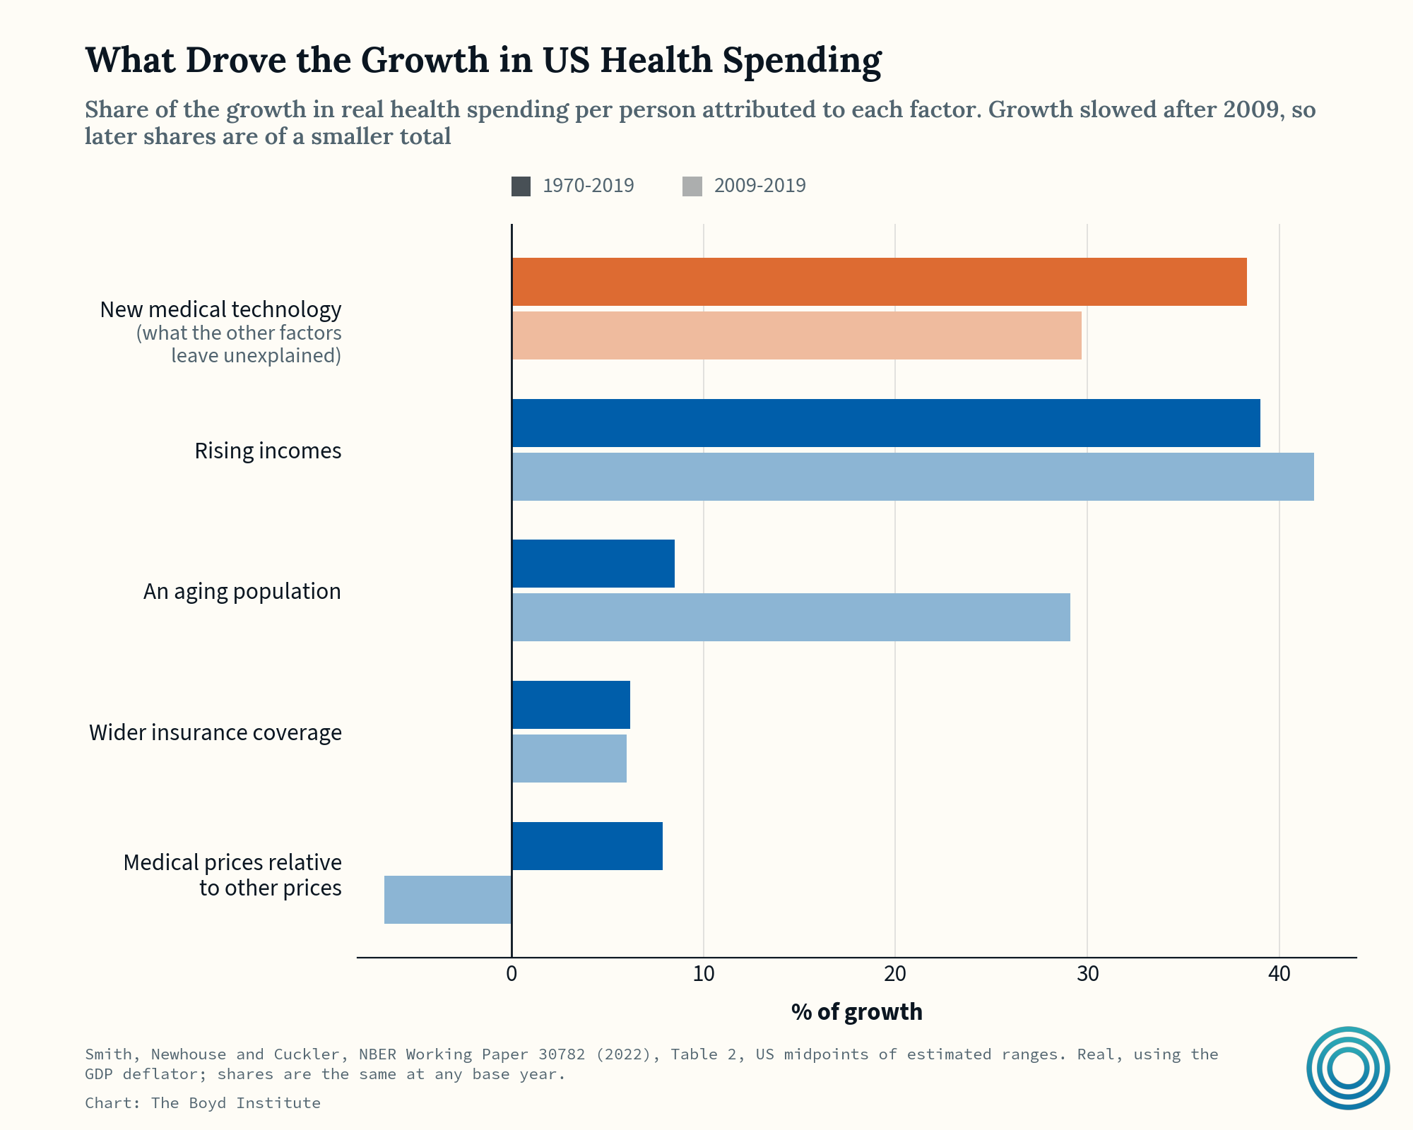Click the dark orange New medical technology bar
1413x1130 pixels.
click(879, 282)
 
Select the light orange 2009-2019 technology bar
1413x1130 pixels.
click(796, 335)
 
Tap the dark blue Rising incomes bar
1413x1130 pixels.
click(886, 423)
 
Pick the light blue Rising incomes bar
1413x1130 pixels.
click(913, 477)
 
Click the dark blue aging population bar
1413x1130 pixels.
click(593, 564)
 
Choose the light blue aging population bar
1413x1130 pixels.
click(791, 617)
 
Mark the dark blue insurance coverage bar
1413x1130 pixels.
click(571, 705)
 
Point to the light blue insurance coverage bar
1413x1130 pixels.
click(569, 759)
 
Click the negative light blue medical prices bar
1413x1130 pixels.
click(448, 900)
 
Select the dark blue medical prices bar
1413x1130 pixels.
click(587, 846)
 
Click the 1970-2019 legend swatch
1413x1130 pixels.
click(521, 186)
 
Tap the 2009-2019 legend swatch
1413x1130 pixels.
click(692, 186)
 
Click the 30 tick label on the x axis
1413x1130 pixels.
click(1087, 975)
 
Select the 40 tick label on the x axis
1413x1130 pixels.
click(1279, 975)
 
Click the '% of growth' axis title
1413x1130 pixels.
click(857, 1012)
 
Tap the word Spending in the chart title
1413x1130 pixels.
click(802, 61)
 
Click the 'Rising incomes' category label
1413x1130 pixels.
click(268, 451)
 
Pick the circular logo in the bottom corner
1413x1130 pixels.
click(1348, 1068)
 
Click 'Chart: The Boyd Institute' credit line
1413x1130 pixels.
click(203, 1103)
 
